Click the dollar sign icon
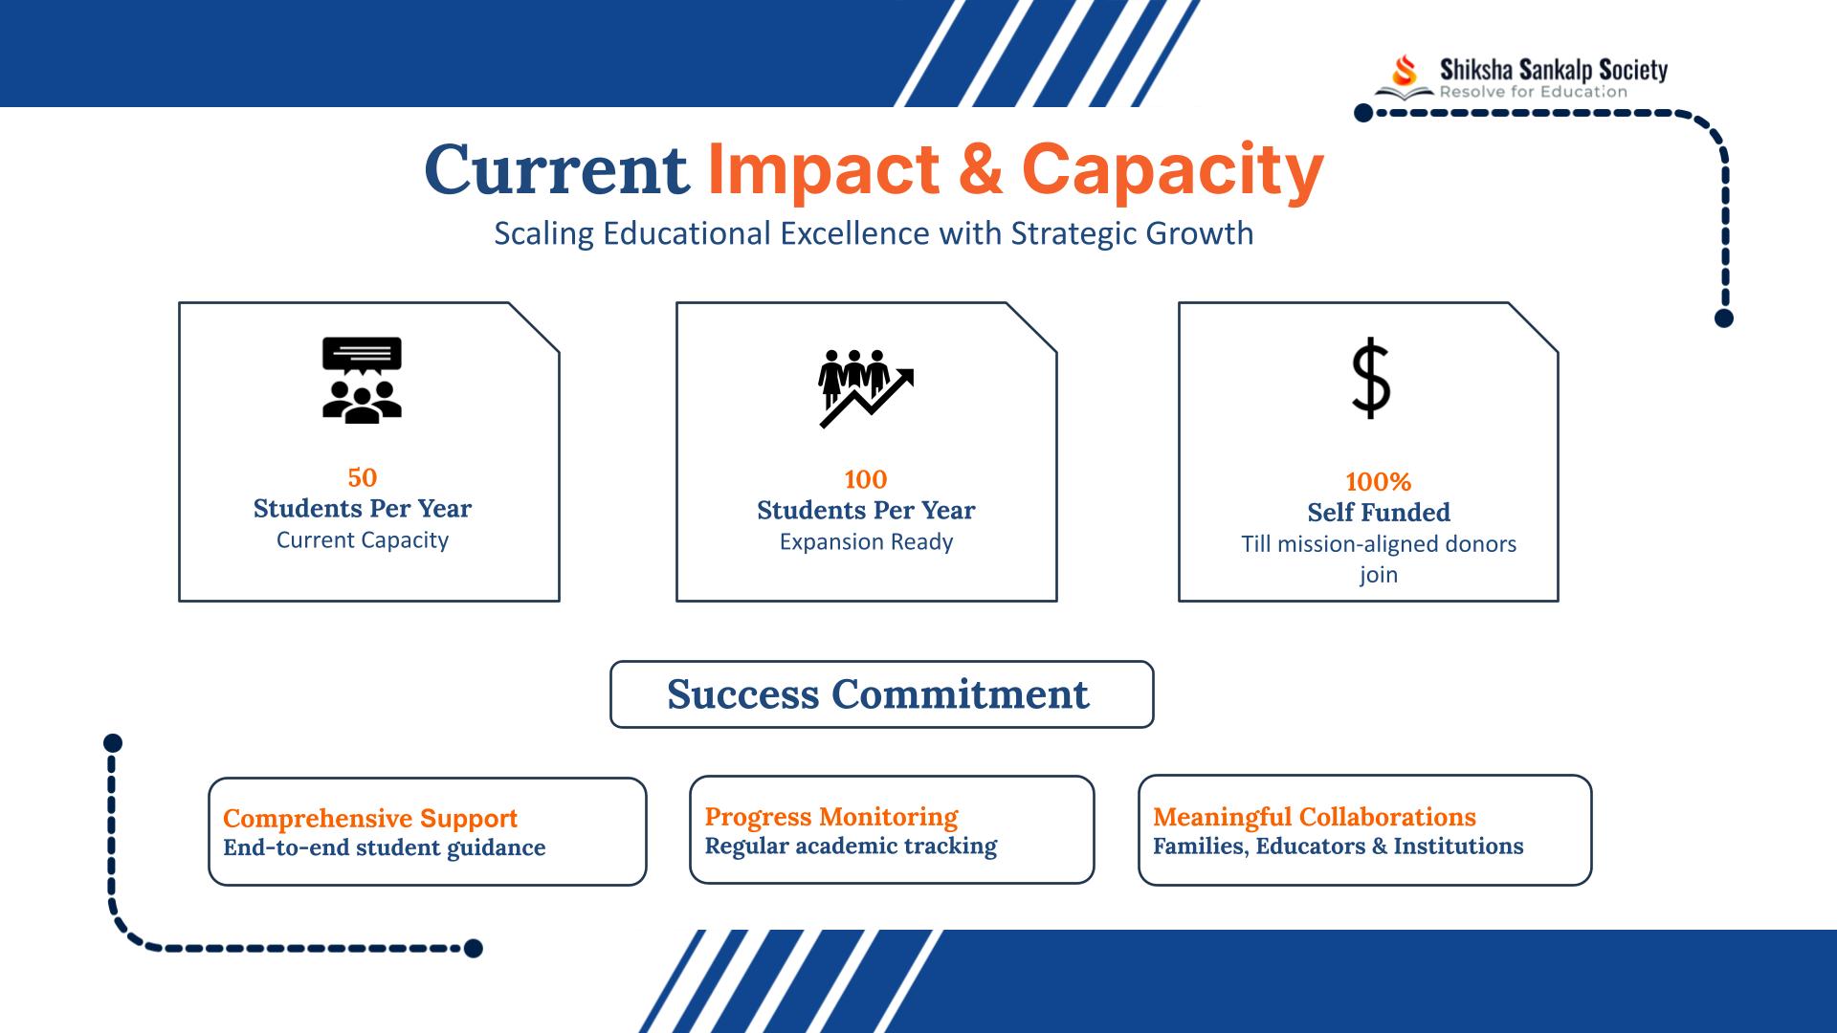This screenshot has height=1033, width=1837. (1371, 378)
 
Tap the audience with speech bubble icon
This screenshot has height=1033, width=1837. (362, 380)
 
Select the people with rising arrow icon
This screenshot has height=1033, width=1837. (866, 387)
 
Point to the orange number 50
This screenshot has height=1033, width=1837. (363, 477)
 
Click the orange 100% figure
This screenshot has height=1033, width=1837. (1379, 482)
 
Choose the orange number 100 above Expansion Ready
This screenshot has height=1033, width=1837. (866, 479)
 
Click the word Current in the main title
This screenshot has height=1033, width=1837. (557, 169)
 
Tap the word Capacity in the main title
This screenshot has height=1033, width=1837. (1173, 171)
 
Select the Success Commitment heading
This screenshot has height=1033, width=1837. (878, 694)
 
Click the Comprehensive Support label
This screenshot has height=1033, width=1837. (370, 819)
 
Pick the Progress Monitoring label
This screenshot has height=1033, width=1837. (831, 817)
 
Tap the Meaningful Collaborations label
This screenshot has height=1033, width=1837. (1315, 817)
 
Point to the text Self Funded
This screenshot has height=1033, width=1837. (1379, 513)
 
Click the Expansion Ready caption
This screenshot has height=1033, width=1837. (866, 542)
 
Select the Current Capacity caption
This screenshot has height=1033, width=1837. (363, 540)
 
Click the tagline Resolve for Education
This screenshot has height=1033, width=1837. (1534, 92)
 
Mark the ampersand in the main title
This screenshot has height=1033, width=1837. (981, 169)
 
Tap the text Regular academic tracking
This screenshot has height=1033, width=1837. (851, 846)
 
